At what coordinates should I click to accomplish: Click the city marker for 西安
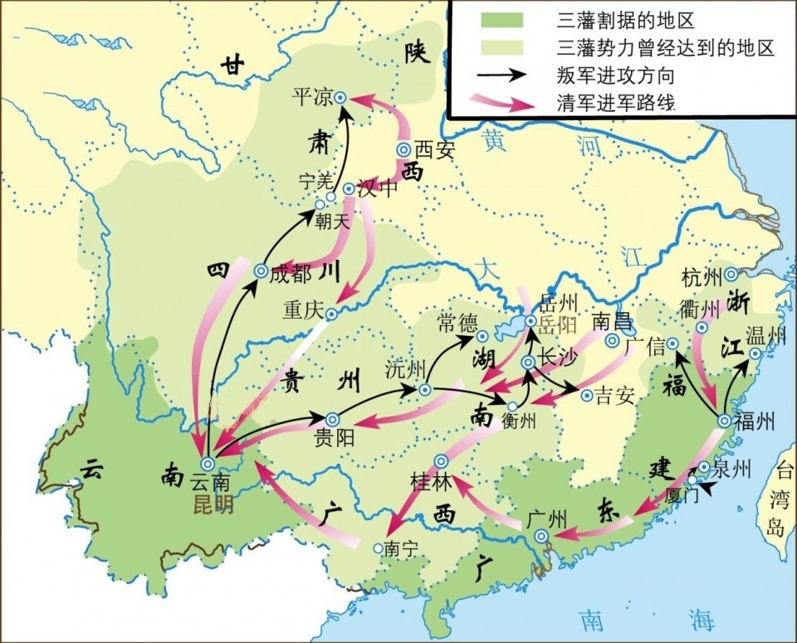403,149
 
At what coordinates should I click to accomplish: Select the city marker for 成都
260,271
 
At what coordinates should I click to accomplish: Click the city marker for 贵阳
332,420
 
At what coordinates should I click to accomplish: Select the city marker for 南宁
379,548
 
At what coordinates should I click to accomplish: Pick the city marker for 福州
723,421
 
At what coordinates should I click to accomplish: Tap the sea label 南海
638,619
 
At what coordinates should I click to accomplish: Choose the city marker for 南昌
613,341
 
